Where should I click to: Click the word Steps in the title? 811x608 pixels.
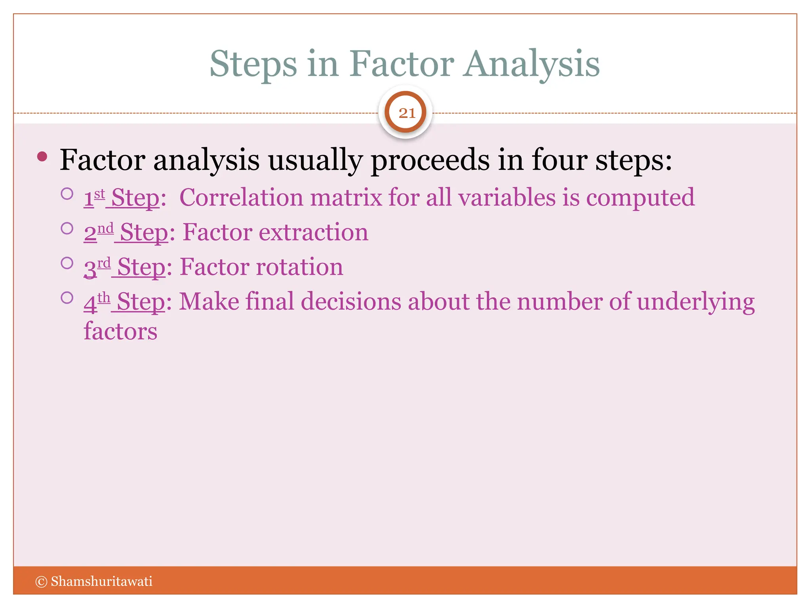(253, 65)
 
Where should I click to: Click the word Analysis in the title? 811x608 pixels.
(531, 65)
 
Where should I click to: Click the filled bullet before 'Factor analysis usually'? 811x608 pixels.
(42, 157)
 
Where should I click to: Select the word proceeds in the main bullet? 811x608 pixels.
(430, 160)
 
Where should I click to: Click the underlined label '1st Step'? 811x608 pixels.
(122, 198)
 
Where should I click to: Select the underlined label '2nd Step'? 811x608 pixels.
(126, 232)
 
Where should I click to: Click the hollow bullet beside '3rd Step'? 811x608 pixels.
(67, 263)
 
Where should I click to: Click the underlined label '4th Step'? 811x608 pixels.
(124, 302)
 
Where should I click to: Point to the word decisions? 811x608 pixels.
(351, 302)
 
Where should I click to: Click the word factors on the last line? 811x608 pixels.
(120, 331)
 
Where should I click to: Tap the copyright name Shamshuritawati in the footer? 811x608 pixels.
(101, 581)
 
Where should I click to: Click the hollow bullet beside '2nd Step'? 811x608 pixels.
(67, 228)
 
